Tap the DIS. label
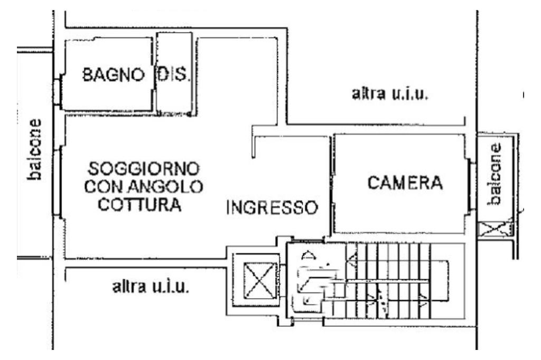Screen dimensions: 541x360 point(172,75)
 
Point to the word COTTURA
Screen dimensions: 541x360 point(141,204)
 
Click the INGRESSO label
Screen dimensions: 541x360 point(272,207)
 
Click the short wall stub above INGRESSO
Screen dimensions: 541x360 point(254,145)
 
